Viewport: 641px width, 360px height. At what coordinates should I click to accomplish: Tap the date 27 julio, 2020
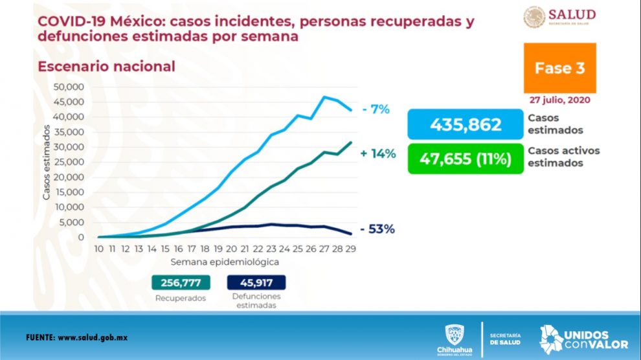pos(559,100)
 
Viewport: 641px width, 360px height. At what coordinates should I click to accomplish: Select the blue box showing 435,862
pos(465,124)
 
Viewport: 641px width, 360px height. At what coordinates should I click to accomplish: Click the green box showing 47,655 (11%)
pos(465,159)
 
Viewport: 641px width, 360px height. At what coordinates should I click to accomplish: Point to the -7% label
pos(376,109)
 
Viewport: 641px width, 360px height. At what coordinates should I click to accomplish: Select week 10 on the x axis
pos(98,249)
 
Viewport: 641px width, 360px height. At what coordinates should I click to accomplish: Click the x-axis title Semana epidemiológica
pos(225,262)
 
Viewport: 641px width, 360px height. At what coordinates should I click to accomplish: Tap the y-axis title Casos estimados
pos(49,163)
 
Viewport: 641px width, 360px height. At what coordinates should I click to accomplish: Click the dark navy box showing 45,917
pos(256,283)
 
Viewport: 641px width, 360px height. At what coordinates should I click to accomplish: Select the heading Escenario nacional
pos(106,67)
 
